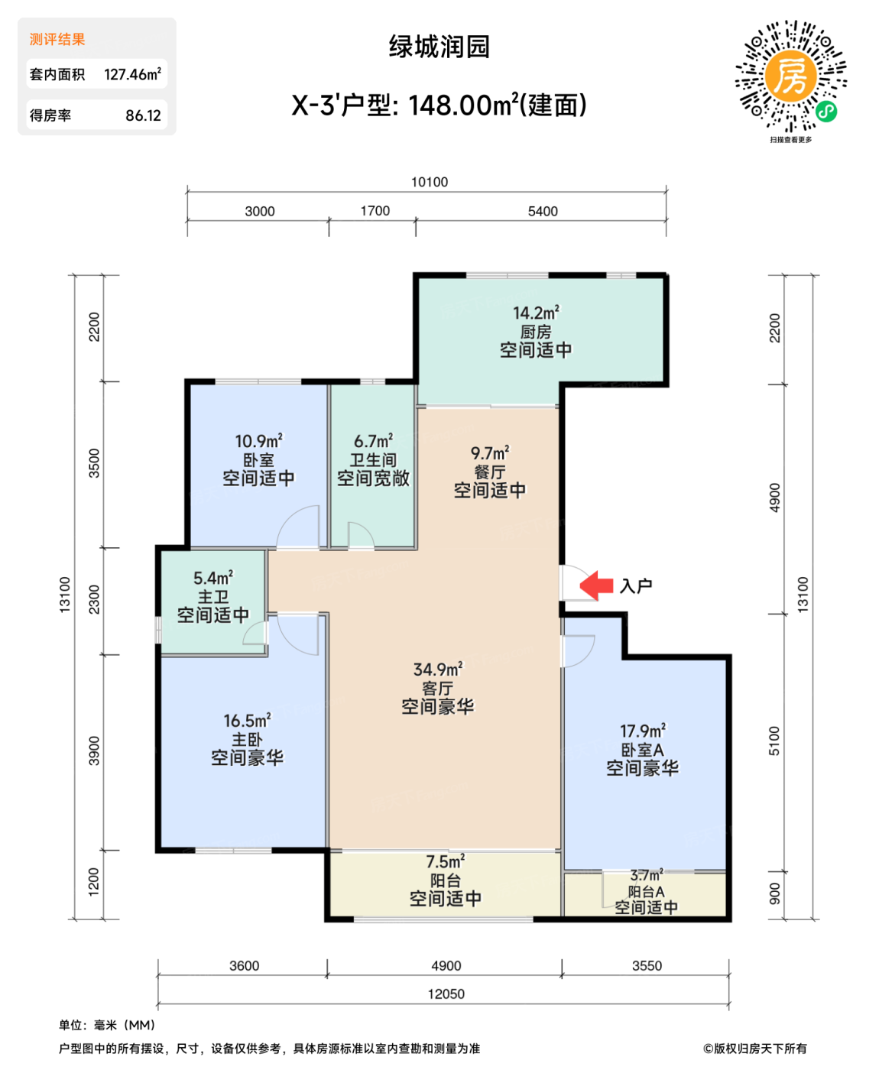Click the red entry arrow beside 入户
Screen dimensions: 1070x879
click(597, 585)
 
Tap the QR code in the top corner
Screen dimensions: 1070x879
click(791, 76)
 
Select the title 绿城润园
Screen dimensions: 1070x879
click(439, 47)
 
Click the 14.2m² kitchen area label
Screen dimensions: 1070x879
click(536, 313)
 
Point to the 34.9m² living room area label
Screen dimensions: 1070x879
click(438, 670)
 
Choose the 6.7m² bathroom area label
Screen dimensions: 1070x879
click(373, 442)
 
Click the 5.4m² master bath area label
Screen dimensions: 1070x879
click(212, 579)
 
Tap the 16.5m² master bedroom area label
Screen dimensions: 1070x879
click(247, 721)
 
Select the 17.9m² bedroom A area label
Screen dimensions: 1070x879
click(642, 731)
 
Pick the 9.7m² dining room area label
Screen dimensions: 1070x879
click(490, 453)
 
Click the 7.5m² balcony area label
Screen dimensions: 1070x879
click(445, 862)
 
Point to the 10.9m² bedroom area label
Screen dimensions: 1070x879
click(258, 442)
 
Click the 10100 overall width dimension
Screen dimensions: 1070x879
click(430, 182)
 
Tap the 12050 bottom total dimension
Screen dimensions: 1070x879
click(446, 994)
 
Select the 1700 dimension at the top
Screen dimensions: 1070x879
click(375, 211)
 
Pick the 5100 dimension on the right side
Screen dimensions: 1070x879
click(774, 741)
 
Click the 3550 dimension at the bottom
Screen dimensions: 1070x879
click(647, 966)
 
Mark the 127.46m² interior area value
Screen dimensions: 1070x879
click(132, 74)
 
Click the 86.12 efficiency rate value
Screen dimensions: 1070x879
click(143, 115)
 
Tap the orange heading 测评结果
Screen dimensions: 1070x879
click(57, 39)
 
